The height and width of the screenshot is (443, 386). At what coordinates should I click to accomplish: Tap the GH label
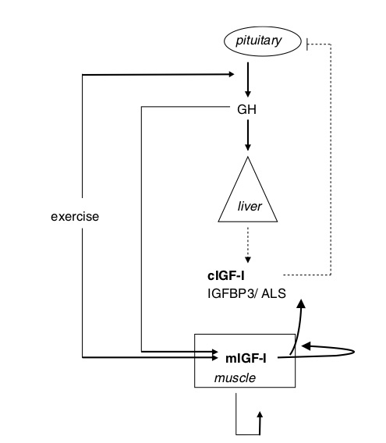click(246, 109)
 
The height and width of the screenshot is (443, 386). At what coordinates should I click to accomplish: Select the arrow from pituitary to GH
click(246, 79)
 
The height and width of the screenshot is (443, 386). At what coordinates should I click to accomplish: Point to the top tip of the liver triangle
click(246, 157)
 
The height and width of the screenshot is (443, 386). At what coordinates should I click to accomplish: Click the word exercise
click(73, 216)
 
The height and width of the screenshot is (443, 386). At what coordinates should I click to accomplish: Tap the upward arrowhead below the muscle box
click(260, 416)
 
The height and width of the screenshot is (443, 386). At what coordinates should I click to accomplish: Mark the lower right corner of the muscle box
click(295, 386)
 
